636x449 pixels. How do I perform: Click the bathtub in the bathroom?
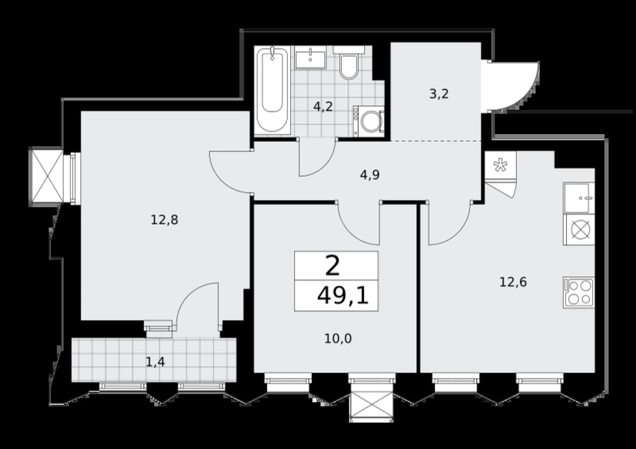272,90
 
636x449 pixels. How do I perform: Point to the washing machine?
369,121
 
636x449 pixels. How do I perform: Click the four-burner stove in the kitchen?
579,292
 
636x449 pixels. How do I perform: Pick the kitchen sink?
579,198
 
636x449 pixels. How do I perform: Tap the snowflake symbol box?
500,166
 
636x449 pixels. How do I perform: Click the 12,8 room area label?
164,220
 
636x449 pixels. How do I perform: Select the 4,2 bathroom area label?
323,107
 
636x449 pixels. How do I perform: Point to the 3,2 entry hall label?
439,94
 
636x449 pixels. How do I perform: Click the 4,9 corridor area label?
370,175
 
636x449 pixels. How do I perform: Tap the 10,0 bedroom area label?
338,339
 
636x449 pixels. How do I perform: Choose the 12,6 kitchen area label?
513,282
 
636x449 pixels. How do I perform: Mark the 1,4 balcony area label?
155,362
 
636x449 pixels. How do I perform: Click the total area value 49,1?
343,296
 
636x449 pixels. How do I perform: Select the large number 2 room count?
333,266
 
